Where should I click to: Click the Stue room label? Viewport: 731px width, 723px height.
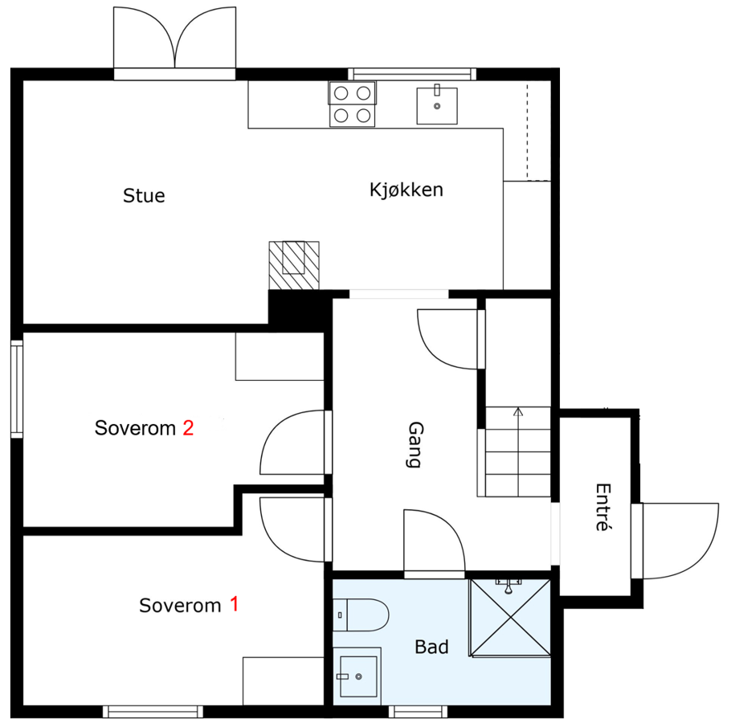(144, 195)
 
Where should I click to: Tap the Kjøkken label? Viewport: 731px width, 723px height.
(406, 190)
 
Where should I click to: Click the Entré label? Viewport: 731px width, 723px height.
(600, 507)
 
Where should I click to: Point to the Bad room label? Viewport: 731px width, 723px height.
(431, 647)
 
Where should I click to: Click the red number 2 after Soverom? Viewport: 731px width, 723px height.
(188, 428)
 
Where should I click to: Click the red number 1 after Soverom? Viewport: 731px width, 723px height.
(234, 604)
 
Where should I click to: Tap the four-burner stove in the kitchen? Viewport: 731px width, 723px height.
(352, 104)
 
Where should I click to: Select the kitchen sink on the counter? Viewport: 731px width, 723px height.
(437, 106)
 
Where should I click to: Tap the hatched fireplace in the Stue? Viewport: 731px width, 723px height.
(293, 264)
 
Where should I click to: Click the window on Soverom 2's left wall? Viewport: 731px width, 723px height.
(16, 389)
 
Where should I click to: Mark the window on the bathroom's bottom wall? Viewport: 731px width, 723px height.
(418, 712)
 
